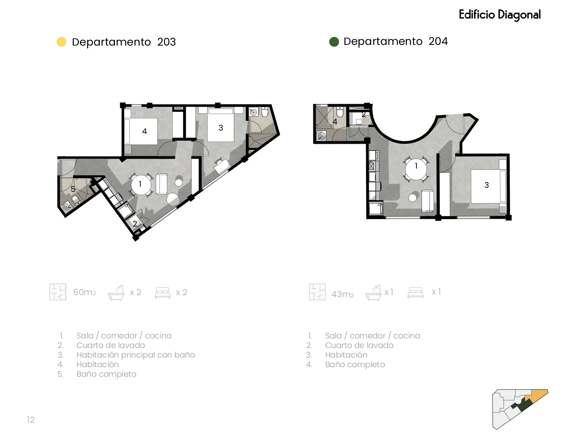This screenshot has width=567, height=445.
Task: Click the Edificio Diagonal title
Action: (499, 15)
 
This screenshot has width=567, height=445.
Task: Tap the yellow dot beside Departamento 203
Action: (62, 42)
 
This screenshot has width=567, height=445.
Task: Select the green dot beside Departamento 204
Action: (334, 42)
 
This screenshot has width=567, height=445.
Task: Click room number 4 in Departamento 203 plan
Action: (144, 131)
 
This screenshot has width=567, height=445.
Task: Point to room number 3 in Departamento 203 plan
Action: (221, 128)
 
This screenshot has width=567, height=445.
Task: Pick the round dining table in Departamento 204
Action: (416, 169)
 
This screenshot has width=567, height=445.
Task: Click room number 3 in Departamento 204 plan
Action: (486, 185)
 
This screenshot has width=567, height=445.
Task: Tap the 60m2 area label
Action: (84, 292)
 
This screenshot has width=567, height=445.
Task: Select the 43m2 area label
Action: (343, 294)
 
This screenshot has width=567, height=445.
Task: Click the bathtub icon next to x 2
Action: (116, 293)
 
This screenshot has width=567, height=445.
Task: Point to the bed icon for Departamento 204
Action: (415, 292)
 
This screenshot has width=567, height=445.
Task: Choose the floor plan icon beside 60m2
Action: (58, 292)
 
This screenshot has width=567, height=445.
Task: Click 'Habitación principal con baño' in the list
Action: (136, 355)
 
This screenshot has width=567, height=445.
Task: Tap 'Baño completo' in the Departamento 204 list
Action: (355, 365)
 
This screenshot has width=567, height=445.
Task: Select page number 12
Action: (31, 420)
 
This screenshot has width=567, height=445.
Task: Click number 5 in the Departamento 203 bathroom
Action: (73, 189)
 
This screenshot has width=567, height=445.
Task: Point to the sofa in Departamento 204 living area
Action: (428, 201)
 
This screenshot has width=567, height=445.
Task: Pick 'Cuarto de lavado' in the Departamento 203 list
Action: (111, 346)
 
